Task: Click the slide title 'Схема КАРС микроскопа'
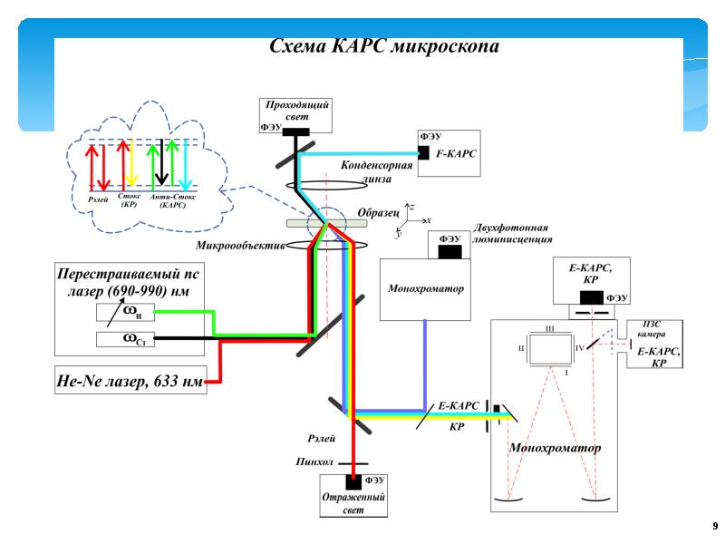(385, 47)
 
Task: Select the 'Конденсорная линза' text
(377, 171)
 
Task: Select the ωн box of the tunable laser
(132, 313)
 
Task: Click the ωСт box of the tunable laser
(132, 339)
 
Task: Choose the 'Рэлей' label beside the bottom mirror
(322, 439)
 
